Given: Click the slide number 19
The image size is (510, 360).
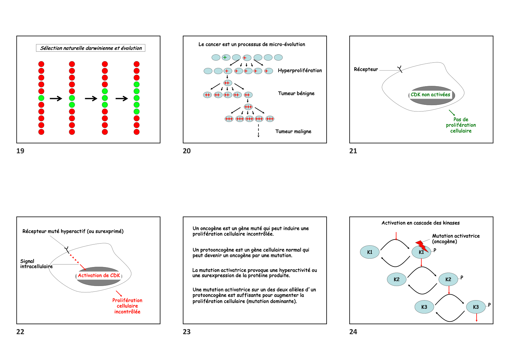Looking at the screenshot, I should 20,151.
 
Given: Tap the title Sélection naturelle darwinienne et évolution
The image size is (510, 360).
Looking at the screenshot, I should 91,48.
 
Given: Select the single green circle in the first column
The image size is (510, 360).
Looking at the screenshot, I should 41,98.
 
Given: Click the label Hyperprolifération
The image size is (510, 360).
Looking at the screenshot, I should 300,71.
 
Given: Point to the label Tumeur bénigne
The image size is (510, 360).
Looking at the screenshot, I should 296,93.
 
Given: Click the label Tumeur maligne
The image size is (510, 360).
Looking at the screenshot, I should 293,132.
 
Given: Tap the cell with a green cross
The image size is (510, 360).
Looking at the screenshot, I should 226,57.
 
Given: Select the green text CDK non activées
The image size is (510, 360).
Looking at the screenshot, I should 430,95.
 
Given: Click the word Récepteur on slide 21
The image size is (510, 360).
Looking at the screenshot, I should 366,69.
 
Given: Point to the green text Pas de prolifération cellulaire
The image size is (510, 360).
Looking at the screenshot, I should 461,125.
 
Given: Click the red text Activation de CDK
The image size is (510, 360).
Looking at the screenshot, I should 99,276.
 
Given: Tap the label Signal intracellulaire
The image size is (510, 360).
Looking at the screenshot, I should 36,264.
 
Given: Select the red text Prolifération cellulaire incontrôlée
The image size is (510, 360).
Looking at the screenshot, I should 127,306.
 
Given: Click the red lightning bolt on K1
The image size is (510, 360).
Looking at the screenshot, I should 421,246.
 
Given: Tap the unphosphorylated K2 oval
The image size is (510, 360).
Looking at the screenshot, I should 396,279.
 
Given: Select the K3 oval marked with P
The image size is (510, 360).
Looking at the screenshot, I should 476,307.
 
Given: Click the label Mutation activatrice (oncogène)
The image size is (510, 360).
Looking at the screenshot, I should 455,239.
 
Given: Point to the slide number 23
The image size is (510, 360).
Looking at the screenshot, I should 187,332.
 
